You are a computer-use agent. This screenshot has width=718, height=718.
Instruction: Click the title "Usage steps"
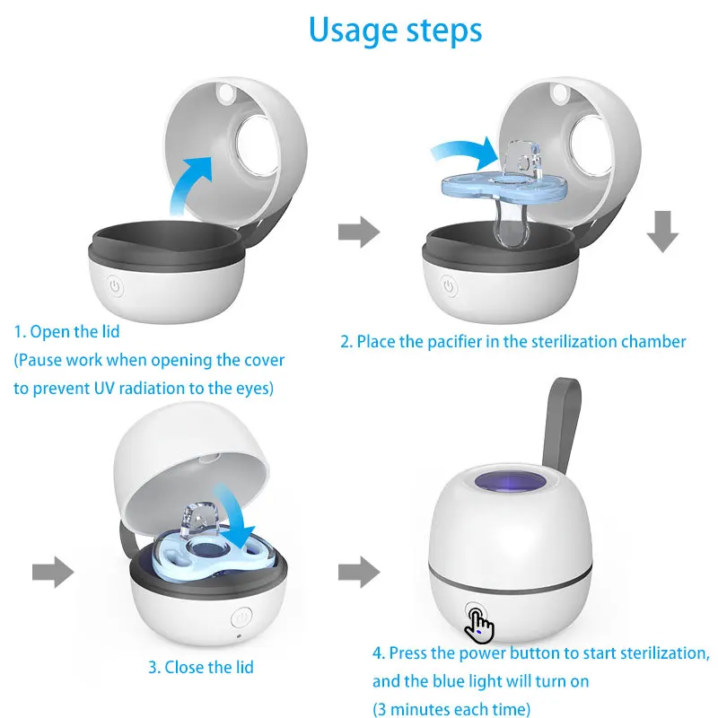click(395, 31)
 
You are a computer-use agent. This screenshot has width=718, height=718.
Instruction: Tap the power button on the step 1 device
click(114, 286)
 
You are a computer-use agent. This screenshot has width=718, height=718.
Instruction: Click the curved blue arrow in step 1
click(188, 184)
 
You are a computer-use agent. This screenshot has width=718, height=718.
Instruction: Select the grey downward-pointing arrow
click(662, 232)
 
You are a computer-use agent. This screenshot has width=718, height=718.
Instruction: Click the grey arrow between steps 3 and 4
click(357, 571)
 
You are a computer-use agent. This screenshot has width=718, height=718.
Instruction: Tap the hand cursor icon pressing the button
click(480, 625)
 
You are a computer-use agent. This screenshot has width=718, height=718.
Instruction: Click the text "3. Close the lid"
click(201, 667)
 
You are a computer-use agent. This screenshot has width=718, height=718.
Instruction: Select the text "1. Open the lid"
click(66, 332)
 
